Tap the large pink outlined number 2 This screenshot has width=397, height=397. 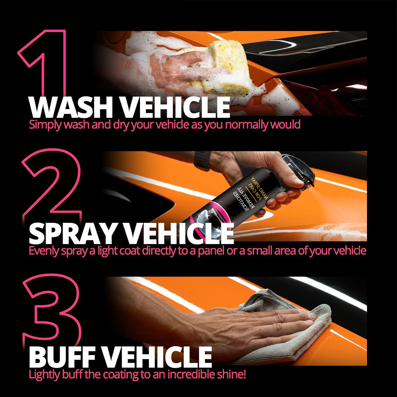(53, 185)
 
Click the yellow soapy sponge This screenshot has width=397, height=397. (217, 66)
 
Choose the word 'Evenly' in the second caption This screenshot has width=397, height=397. (44, 251)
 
